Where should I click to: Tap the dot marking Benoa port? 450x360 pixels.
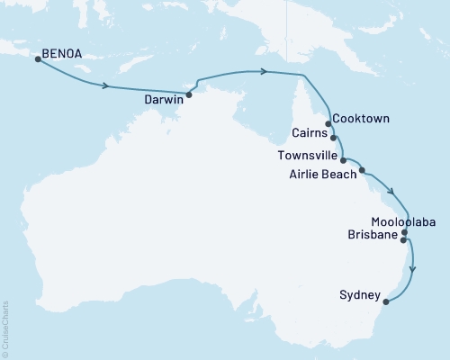pyautogui.click(x=37, y=59)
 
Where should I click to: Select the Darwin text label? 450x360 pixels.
pyautogui.click(x=164, y=102)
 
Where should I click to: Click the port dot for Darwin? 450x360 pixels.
pyautogui.click(x=189, y=94)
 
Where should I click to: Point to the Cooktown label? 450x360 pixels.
pyautogui.click(x=361, y=118)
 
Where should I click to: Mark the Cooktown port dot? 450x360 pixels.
pyautogui.click(x=328, y=124)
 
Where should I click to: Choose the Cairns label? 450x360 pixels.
pyautogui.click(x=311, y=133)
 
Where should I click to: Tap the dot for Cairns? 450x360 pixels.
pyautogui.click(x=334, y=139)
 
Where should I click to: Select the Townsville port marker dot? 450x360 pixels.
pyautogui.click(x=344, y=160)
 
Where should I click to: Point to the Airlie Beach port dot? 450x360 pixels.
pyautogui.click(x=362, y=169)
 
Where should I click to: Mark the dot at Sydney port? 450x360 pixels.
pyautogui.click(x=386, y=301)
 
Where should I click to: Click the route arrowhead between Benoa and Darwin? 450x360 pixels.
pyautogui.click(x=107, y=86)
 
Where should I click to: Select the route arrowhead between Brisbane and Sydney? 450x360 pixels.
pyautogui.click(x=412, y=267)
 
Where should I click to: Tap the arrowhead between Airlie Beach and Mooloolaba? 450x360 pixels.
pyautogui.click(x=391, y=190)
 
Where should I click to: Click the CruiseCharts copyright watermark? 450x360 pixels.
pyautogui.click(x=5, y=329)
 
